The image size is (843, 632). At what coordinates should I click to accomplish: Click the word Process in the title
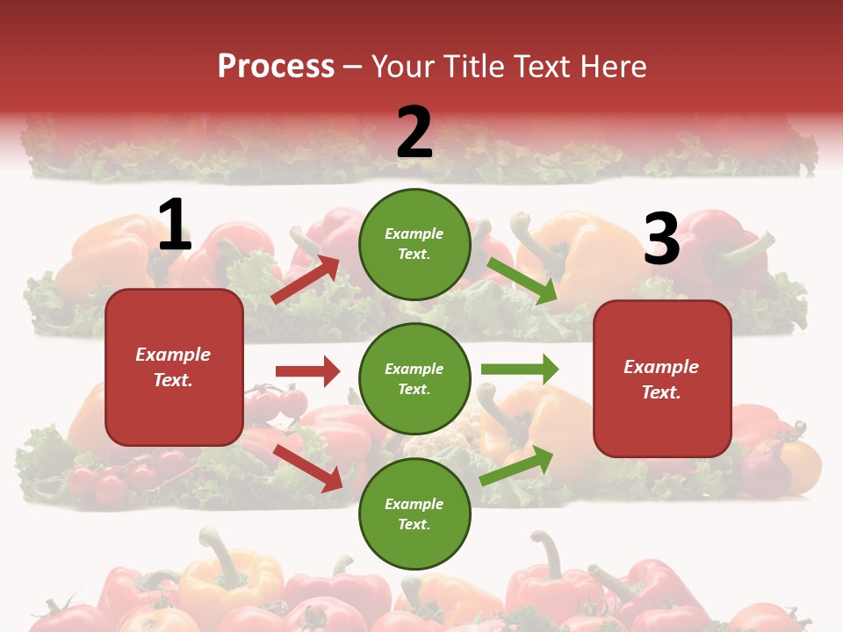[x=276, y=66]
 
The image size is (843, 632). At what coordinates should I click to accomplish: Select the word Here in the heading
[x=613, y=66]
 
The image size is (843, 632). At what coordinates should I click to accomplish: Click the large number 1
[x=175, y=226]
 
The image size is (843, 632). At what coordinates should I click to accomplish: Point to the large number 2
[x=414, y=133]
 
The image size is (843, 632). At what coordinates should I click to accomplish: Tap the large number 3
[x=661, y=240]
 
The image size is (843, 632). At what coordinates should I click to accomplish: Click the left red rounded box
[x=174, y=367]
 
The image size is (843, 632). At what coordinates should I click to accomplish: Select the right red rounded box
[x=662, y=379]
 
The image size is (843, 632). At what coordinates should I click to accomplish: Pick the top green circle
[x=414, y=244]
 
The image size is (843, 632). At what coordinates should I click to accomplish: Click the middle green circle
[x=414, y=378]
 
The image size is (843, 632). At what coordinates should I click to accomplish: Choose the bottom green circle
[x=414, y=513]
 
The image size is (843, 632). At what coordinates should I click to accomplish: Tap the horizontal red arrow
[x=307, y=371]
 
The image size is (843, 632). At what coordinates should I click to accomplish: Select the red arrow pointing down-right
[x=308, y=468]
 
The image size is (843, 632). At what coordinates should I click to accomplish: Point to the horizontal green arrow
[x=519, y=369]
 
